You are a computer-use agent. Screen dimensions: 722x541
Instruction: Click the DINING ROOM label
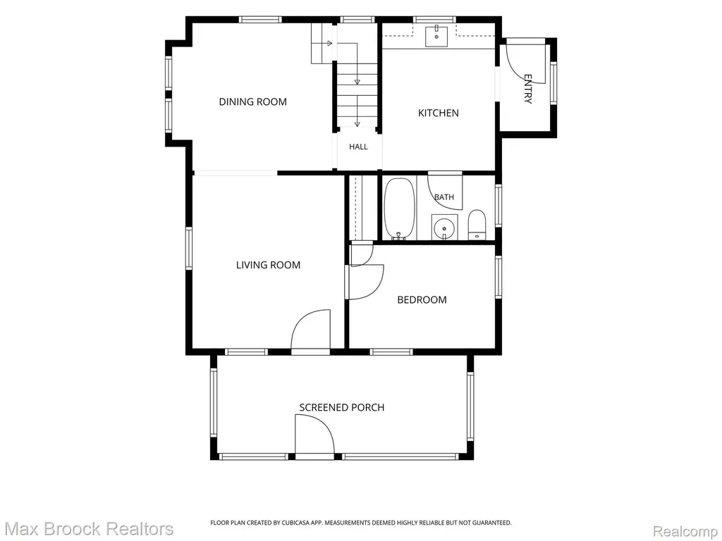coord(253,101)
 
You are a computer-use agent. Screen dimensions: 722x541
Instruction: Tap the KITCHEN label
coord(439,113)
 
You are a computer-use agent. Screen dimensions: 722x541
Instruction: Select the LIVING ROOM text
coord(269,265)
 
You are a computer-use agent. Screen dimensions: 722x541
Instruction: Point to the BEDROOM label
coord(422,300)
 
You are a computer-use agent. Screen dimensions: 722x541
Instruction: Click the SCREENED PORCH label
coord(342,407)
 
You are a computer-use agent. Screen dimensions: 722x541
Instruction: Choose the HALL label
coord(358,147)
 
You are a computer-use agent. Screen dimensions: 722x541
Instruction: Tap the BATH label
coord(444,197)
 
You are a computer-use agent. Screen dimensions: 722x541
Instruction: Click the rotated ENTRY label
coord(528,89)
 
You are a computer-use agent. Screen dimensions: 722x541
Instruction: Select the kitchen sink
coord(436,37)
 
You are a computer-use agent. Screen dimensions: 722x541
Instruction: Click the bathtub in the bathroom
coord(400,209)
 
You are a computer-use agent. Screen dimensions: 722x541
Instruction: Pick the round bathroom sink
coord(444,228)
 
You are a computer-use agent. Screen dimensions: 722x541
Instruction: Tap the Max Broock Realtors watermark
coord(89,528)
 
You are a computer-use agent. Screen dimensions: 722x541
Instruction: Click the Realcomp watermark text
coord(685,531)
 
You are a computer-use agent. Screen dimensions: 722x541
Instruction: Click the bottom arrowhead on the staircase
coord(357,123)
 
